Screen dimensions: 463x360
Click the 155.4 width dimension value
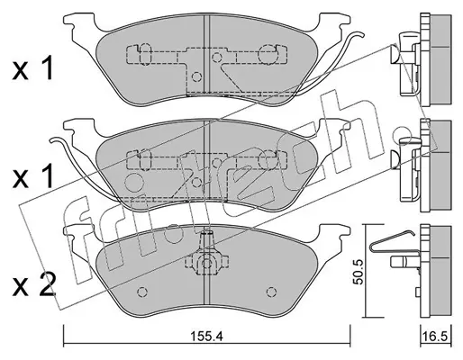click(x=206, y=337)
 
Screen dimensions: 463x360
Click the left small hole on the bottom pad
click(x=141, y=292)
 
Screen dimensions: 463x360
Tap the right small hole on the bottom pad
click(x=271, y=292)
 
